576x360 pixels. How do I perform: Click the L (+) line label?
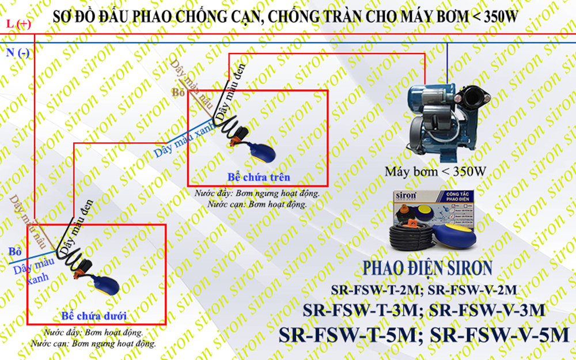click(18, 24)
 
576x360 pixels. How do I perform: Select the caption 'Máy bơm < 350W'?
click(436, 171)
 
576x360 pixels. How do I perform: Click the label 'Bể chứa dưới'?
click(93, 316)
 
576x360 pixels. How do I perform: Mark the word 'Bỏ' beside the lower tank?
click(15, 252)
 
